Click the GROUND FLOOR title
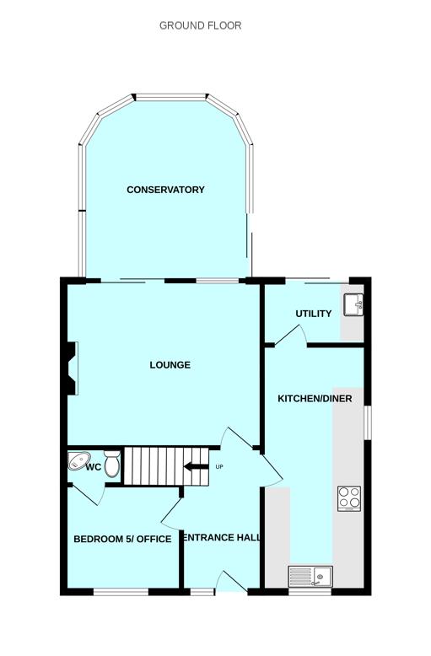(x=201, y=25)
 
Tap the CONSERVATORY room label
(x=165, y=190)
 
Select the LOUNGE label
(x=170, y=365)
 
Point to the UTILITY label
(x=314, y=314)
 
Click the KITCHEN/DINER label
(x=315, y=398)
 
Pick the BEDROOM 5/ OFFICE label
(x=122, y=539)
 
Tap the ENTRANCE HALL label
(x=222, y=537)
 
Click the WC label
(x=94, y=467)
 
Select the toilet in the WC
(x=112, y=463)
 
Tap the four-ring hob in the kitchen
(x=349, y=498)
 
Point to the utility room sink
(x=353, y=304)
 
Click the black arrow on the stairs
(x=196, y=466)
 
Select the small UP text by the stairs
(x=219, y=466)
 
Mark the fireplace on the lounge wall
(x=71, y=368)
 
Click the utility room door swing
(x=291, y=335)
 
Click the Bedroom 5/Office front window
(x=121, y=592)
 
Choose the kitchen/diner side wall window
(x=368, y=422)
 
